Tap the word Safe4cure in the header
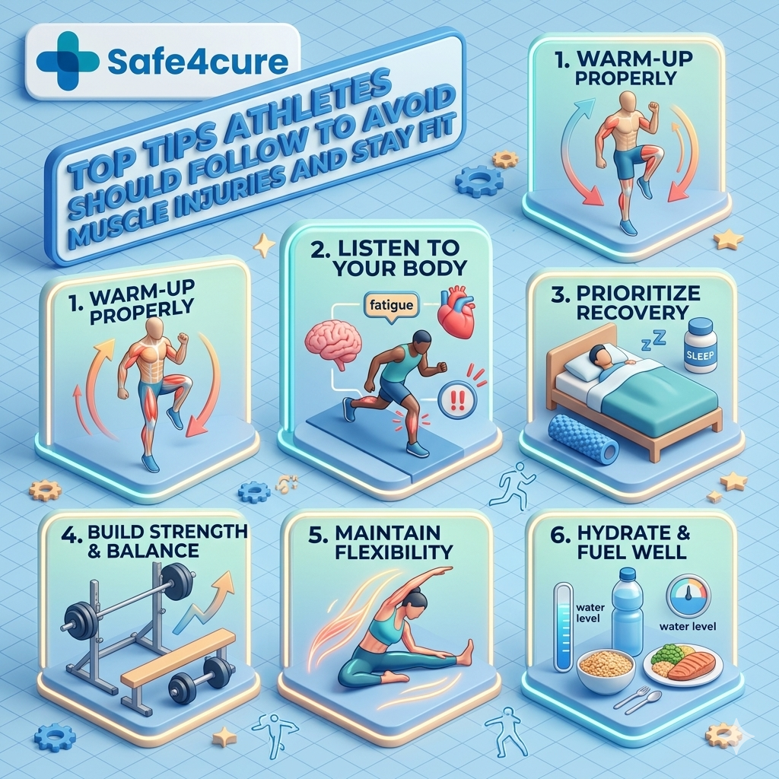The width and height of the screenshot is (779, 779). coord(198,61)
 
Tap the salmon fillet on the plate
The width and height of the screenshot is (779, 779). coord(692,665)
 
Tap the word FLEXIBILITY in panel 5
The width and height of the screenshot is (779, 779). coord(394,552)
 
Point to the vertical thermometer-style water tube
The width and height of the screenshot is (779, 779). coord(564,627)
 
